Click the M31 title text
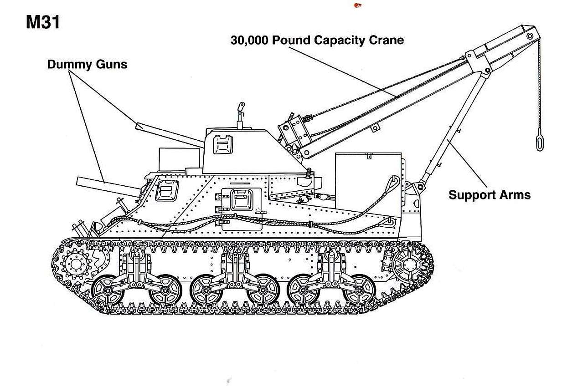click(x=43, y=22)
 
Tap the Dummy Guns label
click(x=87, y=65)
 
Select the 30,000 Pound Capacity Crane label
click(x=317, y=40)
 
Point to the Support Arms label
click(x=489, y=195)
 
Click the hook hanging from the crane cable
click(x=539, y=142)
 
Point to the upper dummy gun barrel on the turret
click(x=169, y=135)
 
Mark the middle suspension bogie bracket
click(x=236, y=269)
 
